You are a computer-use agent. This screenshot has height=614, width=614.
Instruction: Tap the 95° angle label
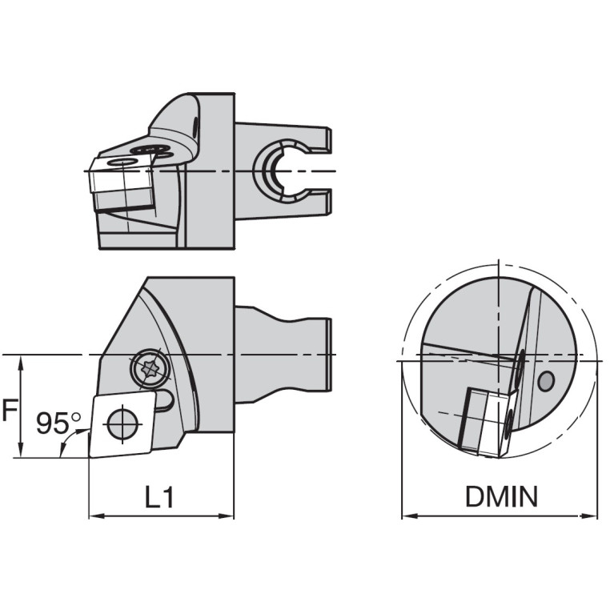click(58, 422)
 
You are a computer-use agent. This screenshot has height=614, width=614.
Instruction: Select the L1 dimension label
click(159, 497)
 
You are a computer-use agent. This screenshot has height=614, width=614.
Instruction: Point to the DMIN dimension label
click(501, 497)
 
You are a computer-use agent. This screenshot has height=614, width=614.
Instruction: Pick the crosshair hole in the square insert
click(122, 423)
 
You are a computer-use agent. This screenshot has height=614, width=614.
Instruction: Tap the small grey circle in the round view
click(546, 382)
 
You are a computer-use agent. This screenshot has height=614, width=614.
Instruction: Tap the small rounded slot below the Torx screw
click(164, 400)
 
